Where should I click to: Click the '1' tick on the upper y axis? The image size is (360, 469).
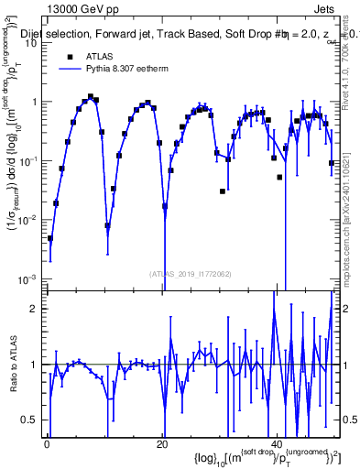(x=34, y=102)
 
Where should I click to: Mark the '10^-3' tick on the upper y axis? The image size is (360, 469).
(x=28, y=278)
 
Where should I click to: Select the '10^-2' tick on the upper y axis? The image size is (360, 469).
(x=28, y=220)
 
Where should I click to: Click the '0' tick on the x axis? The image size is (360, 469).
(x=48, y=443)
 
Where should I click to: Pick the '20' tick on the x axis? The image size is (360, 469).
(x=162, y=443)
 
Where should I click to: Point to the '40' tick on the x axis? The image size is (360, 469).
(x=277, y=443)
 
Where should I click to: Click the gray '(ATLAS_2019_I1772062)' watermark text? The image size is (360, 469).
(x=191, y=273)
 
